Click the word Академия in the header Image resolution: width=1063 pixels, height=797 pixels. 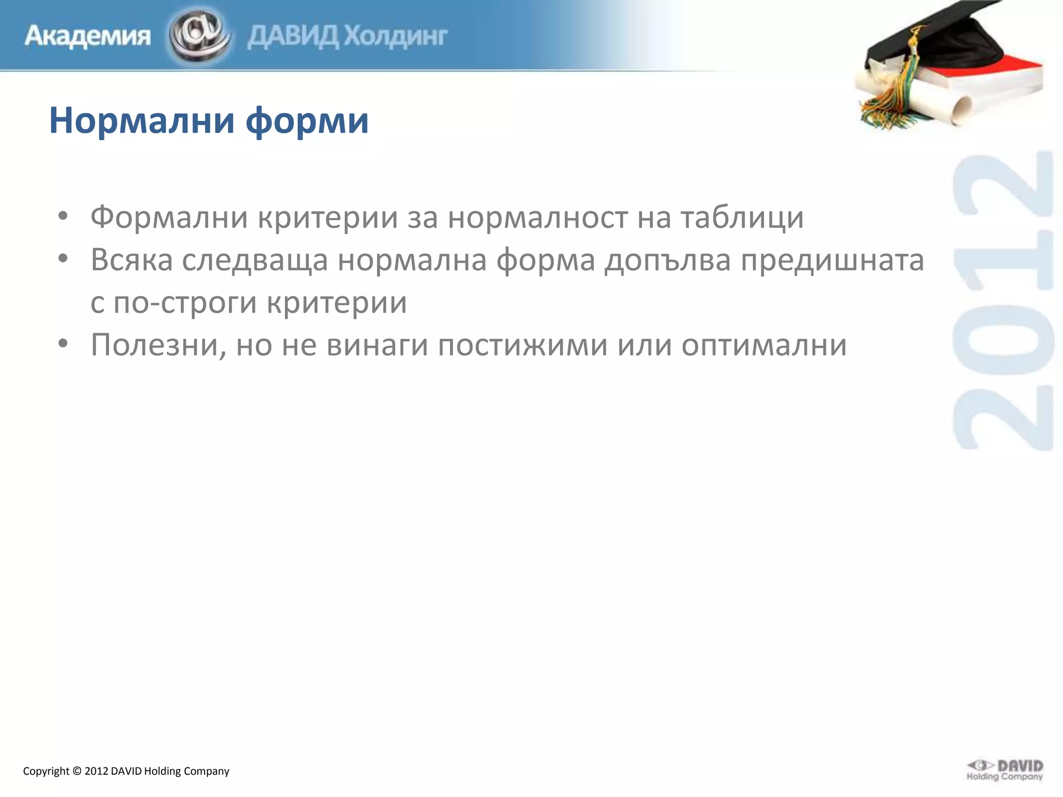[x=87, y=36]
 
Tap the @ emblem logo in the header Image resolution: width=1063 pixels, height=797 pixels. [x=199, y=35]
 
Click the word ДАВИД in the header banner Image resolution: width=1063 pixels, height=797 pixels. [x=293, y=36]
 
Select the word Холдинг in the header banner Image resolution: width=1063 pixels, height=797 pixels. [x=396, y=36]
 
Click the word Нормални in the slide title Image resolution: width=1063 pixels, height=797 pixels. [x=142, y=120]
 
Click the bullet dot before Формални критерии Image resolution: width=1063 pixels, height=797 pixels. [x=63, y=216]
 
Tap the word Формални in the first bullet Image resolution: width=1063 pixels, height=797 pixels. [x=169, y=217]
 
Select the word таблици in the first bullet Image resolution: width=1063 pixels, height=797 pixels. [x=742, y=218]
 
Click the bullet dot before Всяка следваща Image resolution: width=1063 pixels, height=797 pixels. [x=63, y=258]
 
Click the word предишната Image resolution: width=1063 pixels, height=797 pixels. [x=832, y=260]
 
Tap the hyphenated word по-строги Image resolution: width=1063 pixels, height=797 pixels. [x=185, y=303]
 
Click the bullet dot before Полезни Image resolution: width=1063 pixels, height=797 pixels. [x=63, y=343]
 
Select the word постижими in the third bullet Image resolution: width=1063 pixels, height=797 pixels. [x=523, y=345]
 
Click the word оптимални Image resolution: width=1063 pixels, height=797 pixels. [x=764, y=346]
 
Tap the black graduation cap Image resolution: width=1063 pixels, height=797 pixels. [x=934, y=42]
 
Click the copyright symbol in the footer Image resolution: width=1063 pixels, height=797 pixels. [x=77, y=771]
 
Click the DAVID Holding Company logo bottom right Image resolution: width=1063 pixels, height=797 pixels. [x=1005, y=769]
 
